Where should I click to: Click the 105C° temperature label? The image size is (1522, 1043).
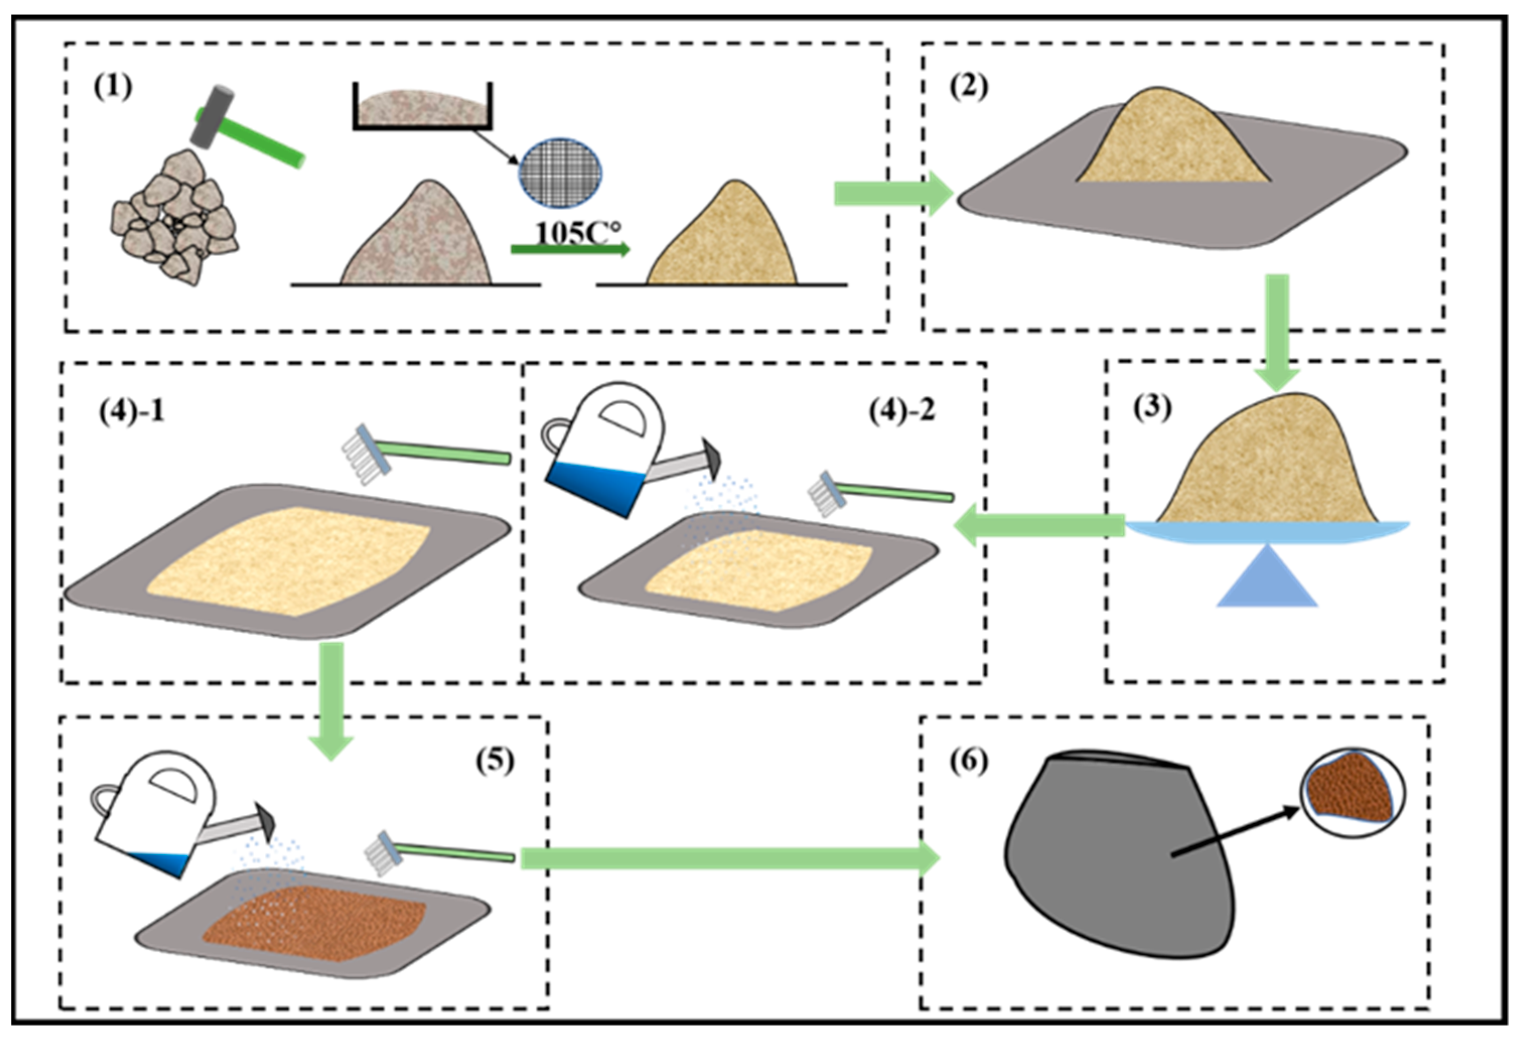577,233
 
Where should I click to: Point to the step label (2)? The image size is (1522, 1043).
969,87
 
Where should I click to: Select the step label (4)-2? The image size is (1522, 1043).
902,411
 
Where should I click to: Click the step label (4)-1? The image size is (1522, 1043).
131,412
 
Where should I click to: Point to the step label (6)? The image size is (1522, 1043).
969,761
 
